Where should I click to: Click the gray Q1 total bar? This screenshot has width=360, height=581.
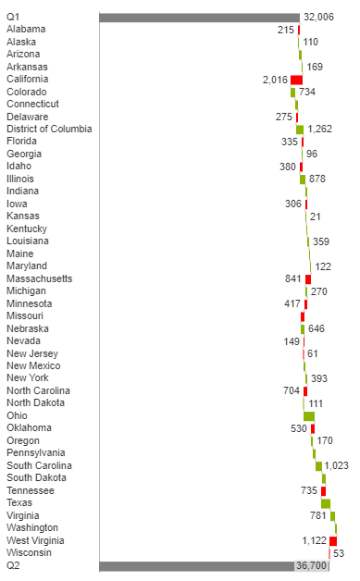[199, 17]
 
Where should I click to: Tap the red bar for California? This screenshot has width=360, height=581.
[296, 80]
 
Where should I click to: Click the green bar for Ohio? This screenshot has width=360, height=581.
[309, 415]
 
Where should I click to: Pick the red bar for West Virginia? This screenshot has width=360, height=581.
[333, 540]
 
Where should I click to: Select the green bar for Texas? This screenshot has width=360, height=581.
[326, 503]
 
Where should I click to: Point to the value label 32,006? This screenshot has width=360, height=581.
[318, 17]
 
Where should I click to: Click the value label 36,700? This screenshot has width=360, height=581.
[312, 565]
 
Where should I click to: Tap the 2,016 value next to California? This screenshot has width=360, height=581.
[275, 80]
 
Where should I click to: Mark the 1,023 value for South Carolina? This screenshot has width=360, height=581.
[336, 465]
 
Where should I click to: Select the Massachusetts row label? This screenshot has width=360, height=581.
[39, 278]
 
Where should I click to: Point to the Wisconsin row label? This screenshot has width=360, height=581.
[29, 552]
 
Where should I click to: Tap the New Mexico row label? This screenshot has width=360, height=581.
[33, 365]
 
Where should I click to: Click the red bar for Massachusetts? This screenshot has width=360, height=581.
[308, 278]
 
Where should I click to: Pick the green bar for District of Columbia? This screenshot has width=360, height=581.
[300, 130]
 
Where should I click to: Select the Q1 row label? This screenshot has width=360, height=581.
[13, 17]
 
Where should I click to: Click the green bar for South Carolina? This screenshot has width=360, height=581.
[318, 465]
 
